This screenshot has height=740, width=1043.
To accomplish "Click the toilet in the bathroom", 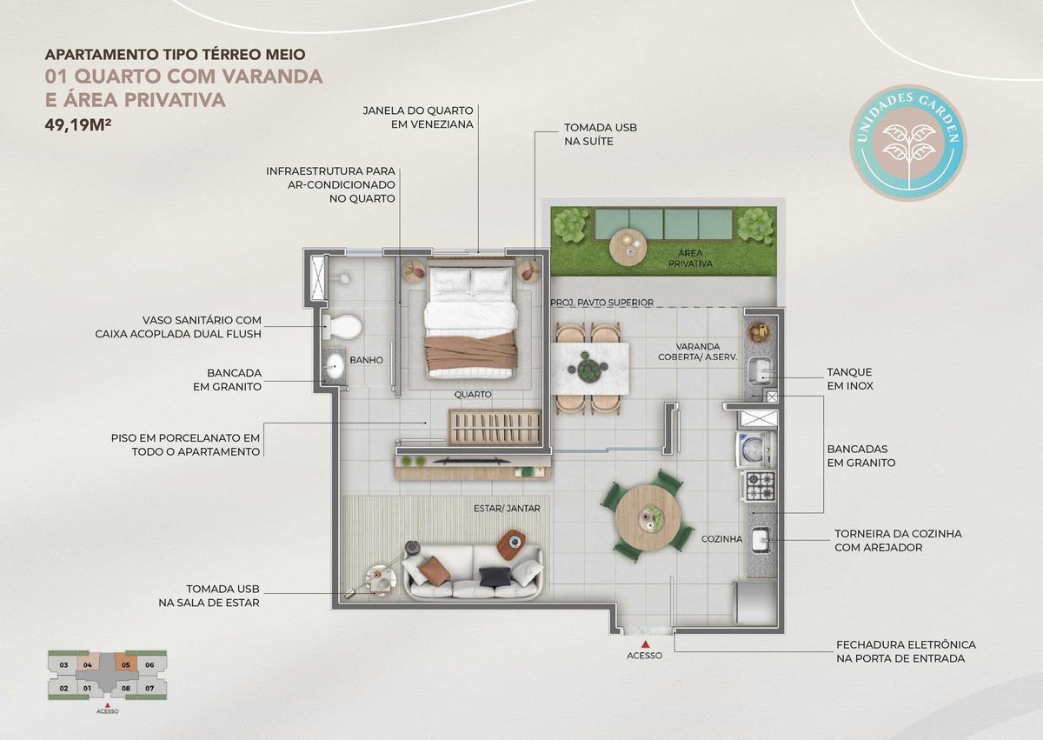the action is coord(342,326).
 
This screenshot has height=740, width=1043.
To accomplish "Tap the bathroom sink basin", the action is coord(335,366).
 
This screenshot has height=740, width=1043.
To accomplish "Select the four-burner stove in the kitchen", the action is coord(761,485).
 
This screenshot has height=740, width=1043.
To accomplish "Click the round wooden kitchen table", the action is coord(648,517).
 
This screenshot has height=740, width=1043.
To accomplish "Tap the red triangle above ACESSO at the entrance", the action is coord(645,644).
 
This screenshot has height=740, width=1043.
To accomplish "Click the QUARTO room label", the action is coord(473,395).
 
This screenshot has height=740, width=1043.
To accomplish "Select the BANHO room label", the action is coord(367,360).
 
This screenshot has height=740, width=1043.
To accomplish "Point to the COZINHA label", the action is coord(721,539).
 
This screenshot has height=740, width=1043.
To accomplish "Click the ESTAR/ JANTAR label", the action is coord(507,509).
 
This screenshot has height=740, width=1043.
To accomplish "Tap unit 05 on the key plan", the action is coord(126,665).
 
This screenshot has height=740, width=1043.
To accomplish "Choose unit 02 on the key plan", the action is coord(64,688).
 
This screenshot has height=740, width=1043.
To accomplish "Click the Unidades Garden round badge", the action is coord(908,143).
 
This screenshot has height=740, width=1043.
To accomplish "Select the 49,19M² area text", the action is coord(77,125).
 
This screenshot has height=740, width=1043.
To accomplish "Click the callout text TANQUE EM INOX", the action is coord(850,379).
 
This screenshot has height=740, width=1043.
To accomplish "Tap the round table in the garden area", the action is coord(628,248).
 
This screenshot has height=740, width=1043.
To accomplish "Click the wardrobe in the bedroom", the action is coord(495,427).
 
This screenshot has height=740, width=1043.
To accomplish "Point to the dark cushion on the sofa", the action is coord(491,576).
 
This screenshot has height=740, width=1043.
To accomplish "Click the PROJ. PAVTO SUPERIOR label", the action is coord(601,303).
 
